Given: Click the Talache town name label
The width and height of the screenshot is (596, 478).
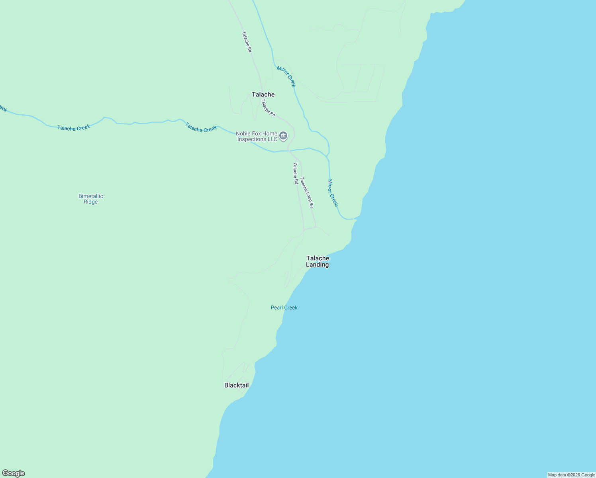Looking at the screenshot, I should coord(263,94).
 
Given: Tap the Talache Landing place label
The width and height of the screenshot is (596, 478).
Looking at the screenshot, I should coord(318,261).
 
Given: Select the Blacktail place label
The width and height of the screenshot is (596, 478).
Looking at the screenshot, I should coord(236,385).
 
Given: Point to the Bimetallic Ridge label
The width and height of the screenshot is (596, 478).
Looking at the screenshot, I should coord(91,199).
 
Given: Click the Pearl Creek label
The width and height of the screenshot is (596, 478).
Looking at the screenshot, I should coord(284,308).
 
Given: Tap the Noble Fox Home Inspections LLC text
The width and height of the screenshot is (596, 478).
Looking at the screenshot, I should coord(257,136).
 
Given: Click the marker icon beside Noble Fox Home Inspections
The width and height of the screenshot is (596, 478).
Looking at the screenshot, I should coord(283,136).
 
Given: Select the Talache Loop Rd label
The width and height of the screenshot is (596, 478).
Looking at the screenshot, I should coord(307,192).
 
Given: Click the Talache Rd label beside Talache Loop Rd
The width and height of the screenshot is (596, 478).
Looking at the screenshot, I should coord(296,173).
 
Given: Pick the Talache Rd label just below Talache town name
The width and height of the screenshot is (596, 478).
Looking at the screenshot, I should coord(268,108).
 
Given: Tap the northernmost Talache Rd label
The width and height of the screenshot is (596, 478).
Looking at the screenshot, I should coord(247,42).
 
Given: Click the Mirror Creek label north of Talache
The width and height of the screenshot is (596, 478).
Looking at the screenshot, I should coord(286,76).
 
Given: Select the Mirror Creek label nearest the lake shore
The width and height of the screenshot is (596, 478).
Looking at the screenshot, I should coord(333,193).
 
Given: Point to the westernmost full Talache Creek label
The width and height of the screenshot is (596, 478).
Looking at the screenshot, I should coord(74,128).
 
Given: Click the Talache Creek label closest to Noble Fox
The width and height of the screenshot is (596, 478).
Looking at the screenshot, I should coord(201,127).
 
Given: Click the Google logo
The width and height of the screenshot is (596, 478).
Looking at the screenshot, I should coord(14,473).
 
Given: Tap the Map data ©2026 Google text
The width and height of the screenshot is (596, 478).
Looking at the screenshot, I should coord(571,475).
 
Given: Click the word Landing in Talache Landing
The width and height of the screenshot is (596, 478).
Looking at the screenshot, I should coord(318,265).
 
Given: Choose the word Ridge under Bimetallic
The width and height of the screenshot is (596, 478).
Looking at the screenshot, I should coord(91,202).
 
